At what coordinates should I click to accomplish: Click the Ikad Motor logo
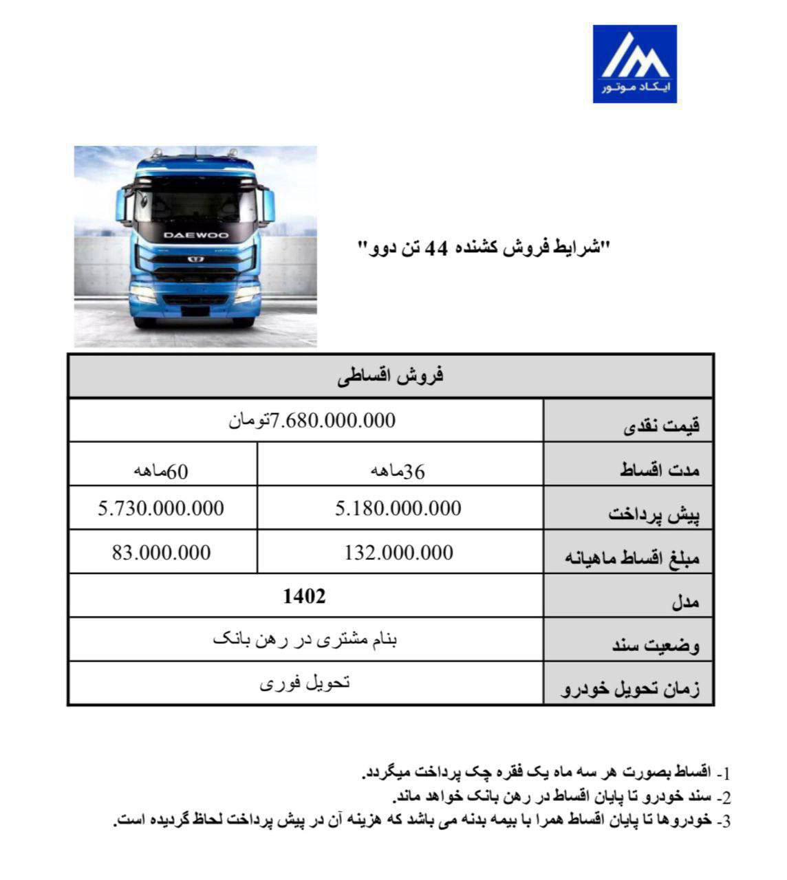(634, 64)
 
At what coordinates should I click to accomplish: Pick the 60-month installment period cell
(161, 471)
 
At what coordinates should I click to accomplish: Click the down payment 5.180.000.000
(398, 509)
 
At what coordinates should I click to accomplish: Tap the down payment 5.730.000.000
(161, 509)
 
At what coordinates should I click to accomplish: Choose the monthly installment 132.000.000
(398, 553)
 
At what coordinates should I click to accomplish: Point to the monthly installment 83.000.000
(161, 553)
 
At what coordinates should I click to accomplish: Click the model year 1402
(304, 596)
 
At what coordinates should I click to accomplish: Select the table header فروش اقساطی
(391, 375)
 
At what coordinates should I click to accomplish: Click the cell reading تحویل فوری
(304, 683)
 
